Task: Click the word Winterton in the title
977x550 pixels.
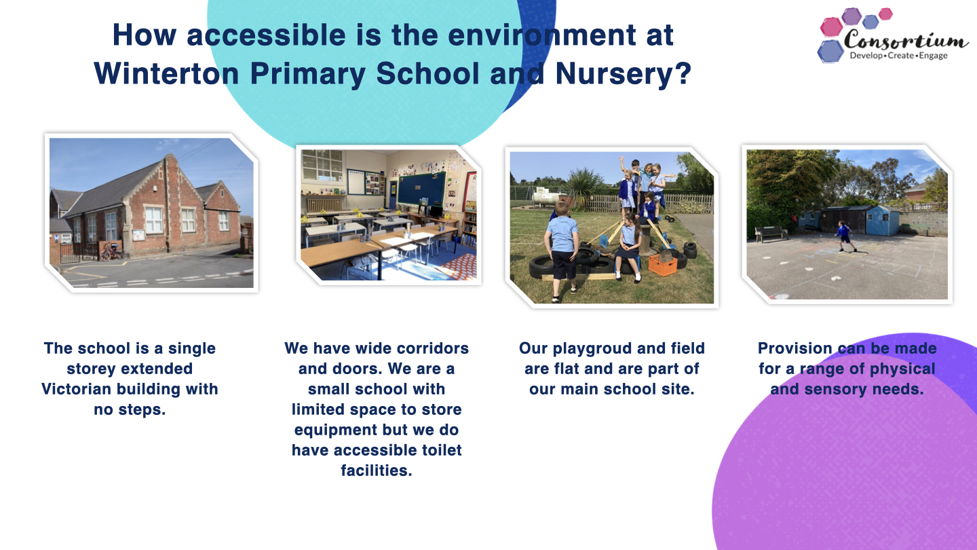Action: (x=166, y=73)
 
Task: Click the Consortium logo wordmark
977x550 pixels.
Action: (x=906, y=40)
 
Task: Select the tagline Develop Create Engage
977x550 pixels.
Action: (x=898, y=56)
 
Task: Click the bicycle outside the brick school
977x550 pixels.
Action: (x=112, y=252)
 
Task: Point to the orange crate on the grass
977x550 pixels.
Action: (x=662, y=265)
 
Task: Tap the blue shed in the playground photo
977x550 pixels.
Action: (x=882, y=221)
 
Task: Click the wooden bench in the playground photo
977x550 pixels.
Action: (x=771, y=234)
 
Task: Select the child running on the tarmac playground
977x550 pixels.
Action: (x=845, y=236)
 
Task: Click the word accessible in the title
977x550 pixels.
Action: (x=266, y=35)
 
